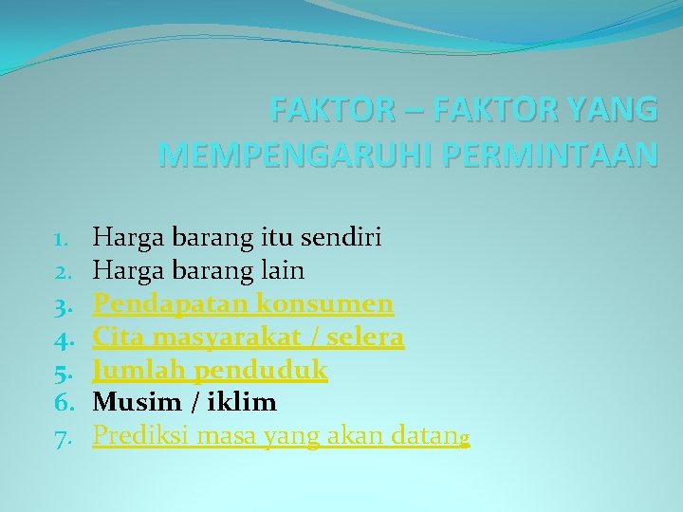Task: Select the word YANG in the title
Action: click(x=612, y=110)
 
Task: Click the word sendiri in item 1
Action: click(x=344, y=237)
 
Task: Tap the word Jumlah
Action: click(x=134, y=370)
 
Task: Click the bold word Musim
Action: click(x=134, y=403)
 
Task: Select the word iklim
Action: click(x=239, y=403)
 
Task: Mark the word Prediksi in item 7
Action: click(x=138, y=436)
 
